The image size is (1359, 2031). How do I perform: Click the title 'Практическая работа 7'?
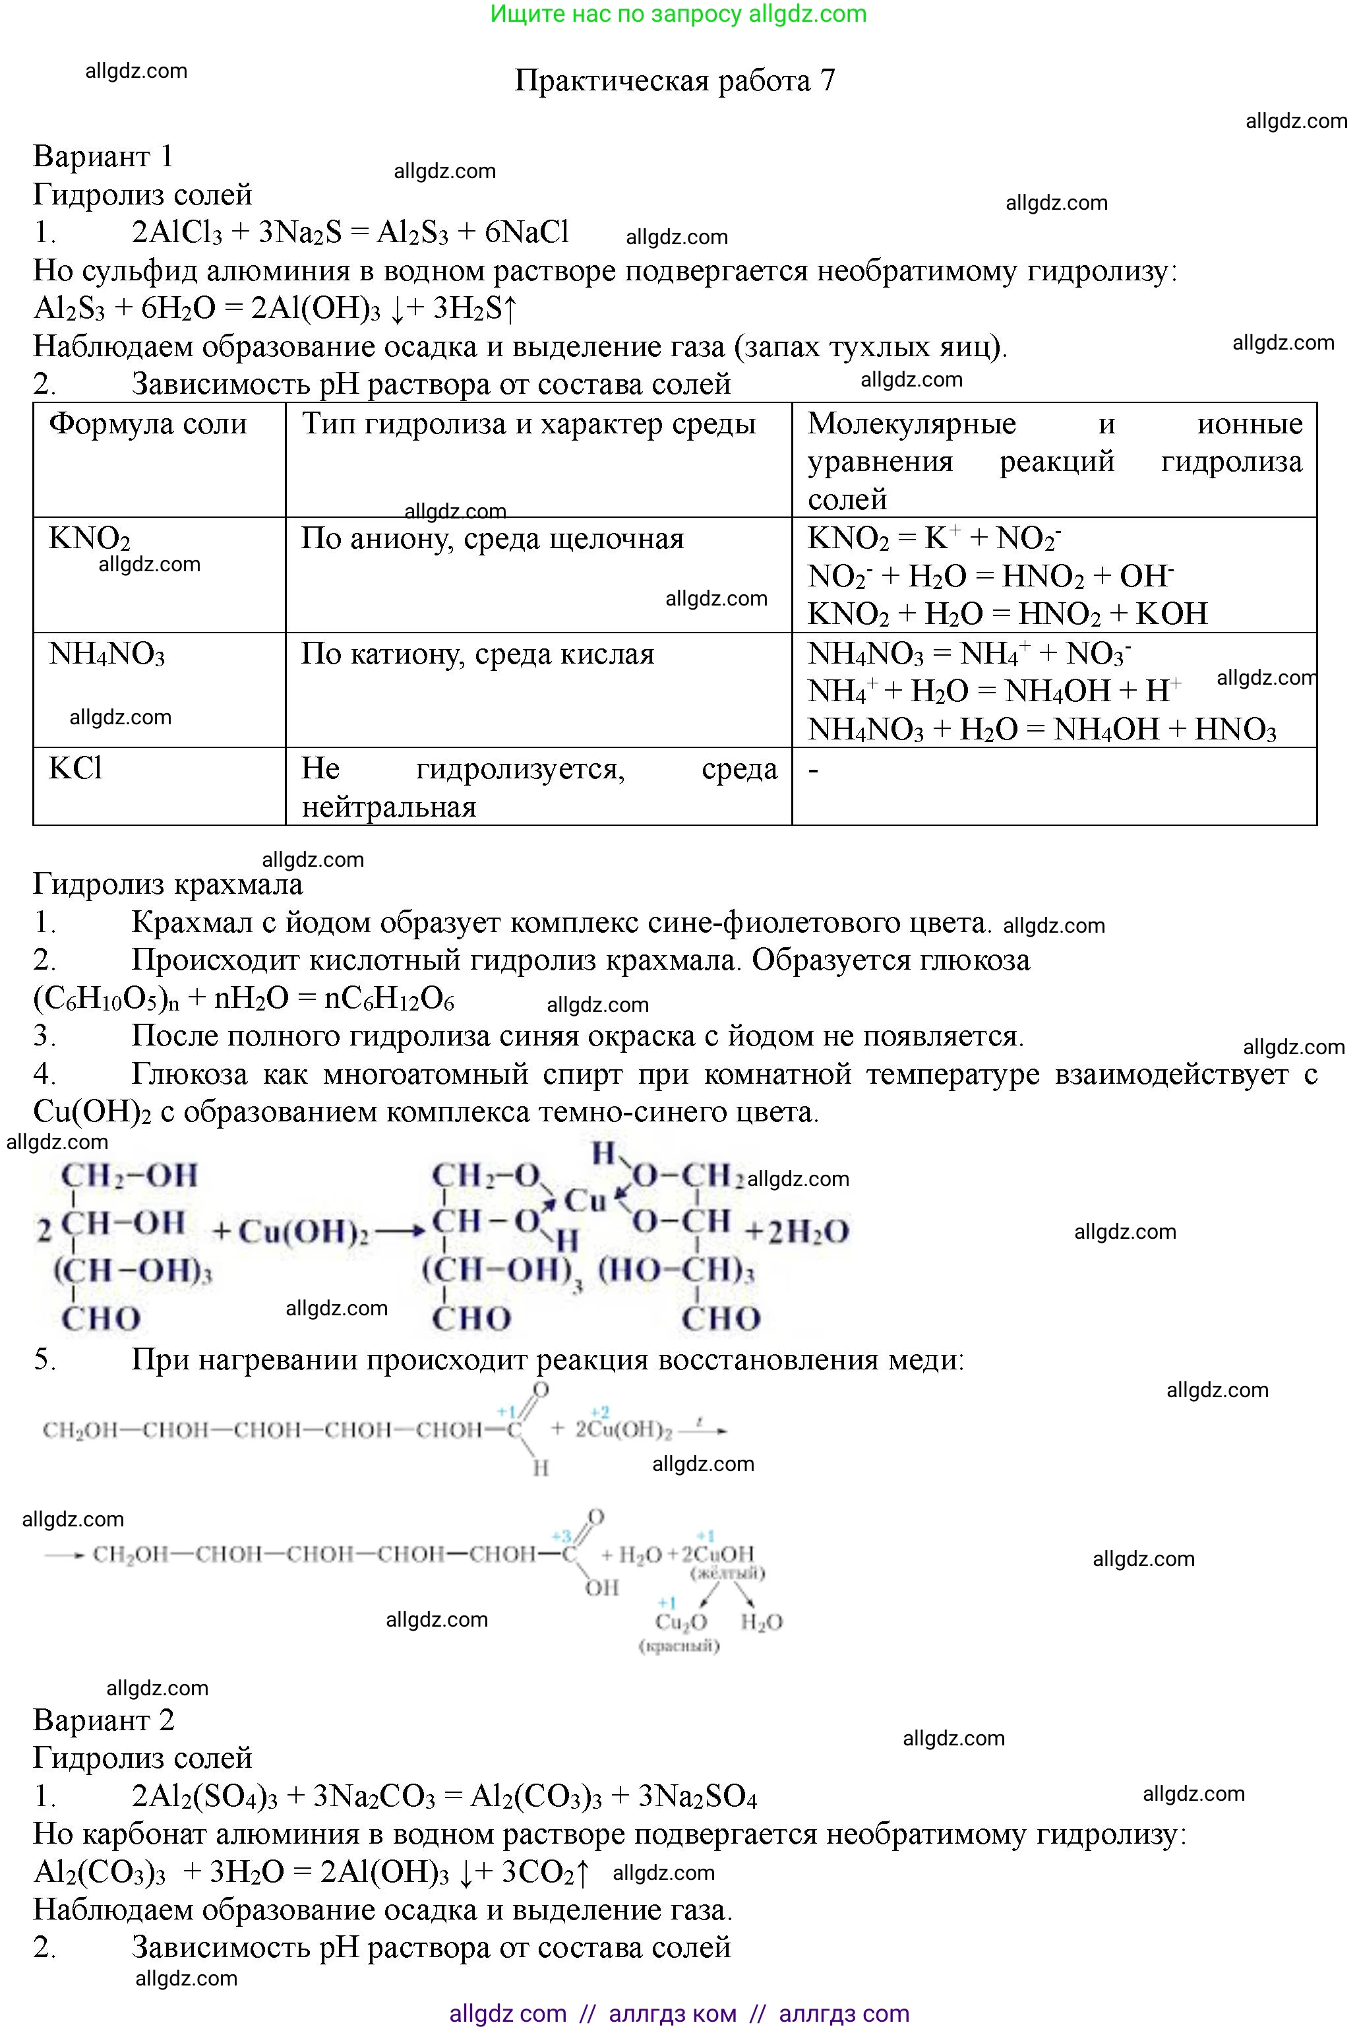pos(675,80)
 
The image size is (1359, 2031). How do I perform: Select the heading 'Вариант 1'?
pos(103,157)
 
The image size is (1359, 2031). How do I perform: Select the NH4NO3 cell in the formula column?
pos(107,654)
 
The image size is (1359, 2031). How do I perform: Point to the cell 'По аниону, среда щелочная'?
pos(493,539)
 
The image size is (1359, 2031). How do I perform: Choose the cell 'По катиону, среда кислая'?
pos(477,654)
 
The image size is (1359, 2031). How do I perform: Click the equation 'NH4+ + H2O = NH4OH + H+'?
pos(994,691)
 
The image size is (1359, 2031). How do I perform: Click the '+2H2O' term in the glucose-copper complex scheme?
pos(797,1231)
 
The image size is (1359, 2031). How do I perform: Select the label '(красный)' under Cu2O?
pos(679,1645)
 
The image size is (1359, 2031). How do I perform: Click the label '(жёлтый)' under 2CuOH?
pos(726,1573)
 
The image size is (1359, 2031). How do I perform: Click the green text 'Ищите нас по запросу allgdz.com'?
pos(678,14)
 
